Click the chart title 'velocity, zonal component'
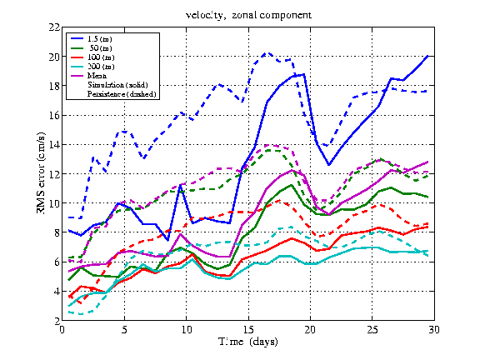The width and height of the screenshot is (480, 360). tap(248, 15)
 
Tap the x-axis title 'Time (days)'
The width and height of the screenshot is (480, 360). tap(248, 342)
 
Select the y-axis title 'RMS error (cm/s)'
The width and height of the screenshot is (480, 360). tap(41, 173)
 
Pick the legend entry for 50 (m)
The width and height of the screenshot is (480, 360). tap(92, 48)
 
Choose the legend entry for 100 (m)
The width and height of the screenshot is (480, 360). tap(92, 57)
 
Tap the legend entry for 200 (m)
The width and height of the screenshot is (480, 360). tap(92, 67)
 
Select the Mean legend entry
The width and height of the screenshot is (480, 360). tap(89, 76)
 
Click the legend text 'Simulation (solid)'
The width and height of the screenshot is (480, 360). tap(117, 85)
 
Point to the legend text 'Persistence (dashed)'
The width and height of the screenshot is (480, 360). tap(122, 94)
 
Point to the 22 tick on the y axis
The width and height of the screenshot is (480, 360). tap(54, 27)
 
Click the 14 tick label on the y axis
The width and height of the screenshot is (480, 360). tap(54, 144)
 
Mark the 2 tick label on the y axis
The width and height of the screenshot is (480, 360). tap(57, 321)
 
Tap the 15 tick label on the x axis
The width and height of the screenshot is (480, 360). tap(248, 329)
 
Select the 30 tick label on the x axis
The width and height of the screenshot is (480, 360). tap(434, 329)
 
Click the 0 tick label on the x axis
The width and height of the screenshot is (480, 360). tap(62, 329)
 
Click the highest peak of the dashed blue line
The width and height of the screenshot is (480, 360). tap(267, 53)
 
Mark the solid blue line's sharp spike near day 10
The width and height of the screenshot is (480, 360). tap(180, 185)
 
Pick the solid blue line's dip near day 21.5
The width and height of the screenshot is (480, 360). tap(329, 165)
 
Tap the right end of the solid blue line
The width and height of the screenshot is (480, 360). tap(427, 56)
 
